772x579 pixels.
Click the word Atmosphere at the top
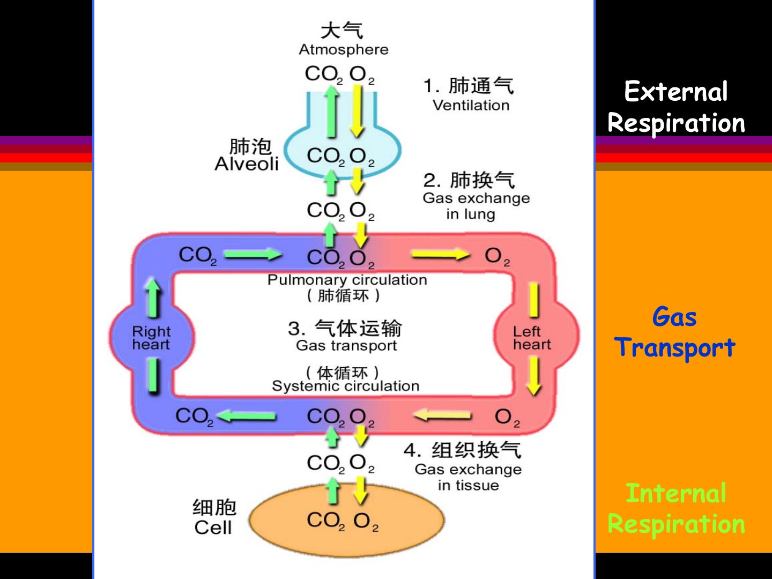coord(343,49)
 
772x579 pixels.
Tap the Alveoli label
coord(247,164)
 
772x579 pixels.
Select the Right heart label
coord(151,338)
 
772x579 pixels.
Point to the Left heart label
coord(531,338)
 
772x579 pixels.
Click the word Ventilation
coord(471,105)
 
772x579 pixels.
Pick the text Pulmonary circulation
coord(347,280)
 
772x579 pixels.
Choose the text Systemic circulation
coord(345,386)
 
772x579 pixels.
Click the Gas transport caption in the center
coord(346,346)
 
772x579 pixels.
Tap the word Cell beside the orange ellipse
coord(213,528)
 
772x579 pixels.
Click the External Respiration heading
coord(676,107)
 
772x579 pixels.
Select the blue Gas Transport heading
coord(675,332)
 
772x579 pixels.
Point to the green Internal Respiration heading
coord(676,508)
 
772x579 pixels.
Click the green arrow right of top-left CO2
coord(253,254)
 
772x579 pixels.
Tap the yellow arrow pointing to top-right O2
coord(440,254)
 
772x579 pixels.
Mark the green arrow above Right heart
coord(153,297)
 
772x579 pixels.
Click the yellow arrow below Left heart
coord(533,376)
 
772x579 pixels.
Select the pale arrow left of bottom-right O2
coord(443,415)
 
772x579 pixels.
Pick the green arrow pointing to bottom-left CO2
coord(247,415)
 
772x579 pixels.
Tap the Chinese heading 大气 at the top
coord(342,31)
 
